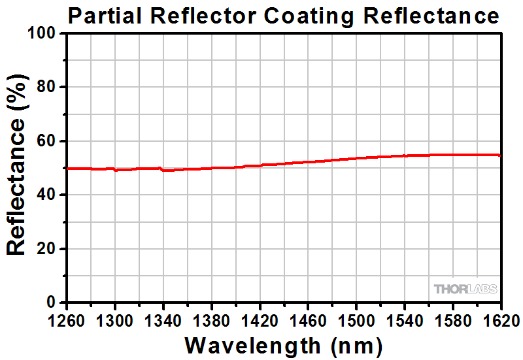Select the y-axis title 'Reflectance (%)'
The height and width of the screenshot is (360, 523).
click(18, 168)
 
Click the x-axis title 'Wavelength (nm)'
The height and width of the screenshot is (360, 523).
click(283, 344)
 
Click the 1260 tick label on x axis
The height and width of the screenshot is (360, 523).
click(67, 320)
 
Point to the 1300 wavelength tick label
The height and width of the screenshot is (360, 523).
click(115, 320)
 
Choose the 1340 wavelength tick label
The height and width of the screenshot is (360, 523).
click(163, 320)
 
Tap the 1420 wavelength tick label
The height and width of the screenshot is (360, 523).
click(260, 320)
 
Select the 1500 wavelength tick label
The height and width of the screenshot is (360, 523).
click(356, 320)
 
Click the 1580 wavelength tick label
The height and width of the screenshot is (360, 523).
click(452, 320)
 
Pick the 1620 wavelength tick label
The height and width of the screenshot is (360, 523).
click(499, 320)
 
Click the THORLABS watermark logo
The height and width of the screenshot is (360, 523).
click(465, 289)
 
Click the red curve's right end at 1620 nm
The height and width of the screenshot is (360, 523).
click(500, 155)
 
